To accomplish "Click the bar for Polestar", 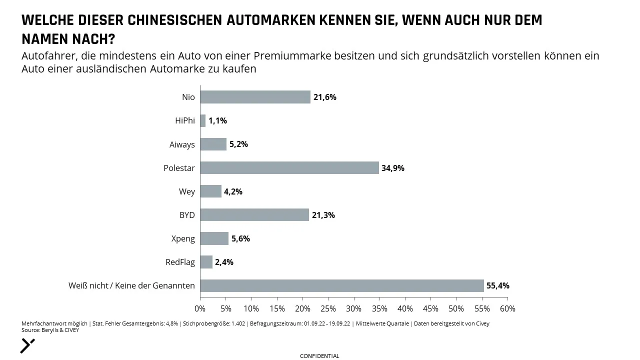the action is [x=289, y=167].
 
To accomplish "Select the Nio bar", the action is [x=255, y=97].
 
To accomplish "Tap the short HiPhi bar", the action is [x=203, y=120].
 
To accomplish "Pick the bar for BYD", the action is [x=254, y=215].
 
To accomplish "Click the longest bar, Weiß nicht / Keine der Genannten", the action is [x=342, y=285].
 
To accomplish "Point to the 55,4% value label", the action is [x=498, y=285].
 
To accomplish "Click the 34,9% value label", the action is [x=393, y=168].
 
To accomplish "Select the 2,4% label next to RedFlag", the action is [x=224, y=262].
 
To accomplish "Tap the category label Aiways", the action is [x=182, y=144].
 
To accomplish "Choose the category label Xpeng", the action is [x=183, y=238].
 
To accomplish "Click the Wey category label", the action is [x=187, y=191].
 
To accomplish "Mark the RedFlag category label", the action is [x=180, y=262].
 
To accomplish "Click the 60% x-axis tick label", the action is [x=507, y=308].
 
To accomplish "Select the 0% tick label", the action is [x=200, y=308].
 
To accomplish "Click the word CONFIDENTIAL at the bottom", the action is [x=319, y=356].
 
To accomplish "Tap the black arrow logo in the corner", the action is [x=27, y=346].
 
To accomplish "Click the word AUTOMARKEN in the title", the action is [x=270, y=20].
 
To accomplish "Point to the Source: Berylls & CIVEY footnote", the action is [x=50, y=330].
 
